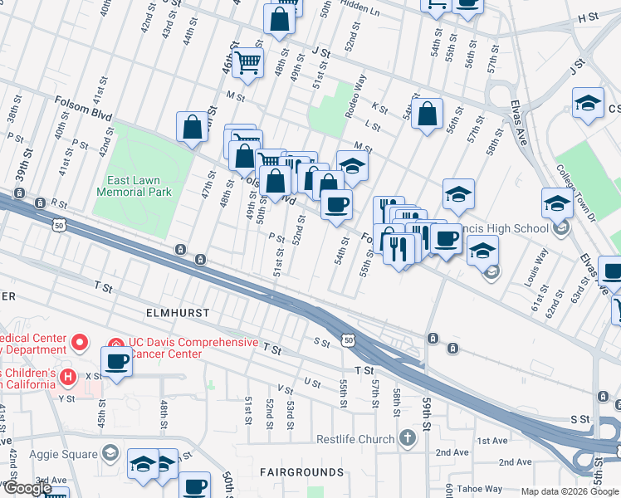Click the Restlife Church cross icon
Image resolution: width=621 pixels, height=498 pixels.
click(x=407, y=437)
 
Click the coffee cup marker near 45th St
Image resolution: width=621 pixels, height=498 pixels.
click(x=116, y=361)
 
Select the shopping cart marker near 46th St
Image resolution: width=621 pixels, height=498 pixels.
click(x=247, y=62)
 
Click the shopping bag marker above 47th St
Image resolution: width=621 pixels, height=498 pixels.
click(x=193, y=127)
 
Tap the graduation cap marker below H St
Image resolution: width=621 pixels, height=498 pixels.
click(x=588, y=103)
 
